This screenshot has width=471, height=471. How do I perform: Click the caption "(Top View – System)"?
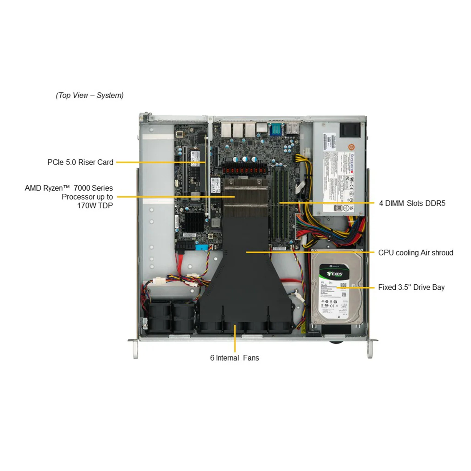89,95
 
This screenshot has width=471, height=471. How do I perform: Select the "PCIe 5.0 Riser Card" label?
80,162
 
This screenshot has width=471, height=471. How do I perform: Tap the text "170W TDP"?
95,205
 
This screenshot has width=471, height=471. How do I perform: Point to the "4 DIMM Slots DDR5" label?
412,203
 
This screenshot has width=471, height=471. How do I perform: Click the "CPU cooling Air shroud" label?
416,253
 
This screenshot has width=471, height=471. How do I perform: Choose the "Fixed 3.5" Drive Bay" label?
411,287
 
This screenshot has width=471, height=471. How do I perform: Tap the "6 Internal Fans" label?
235,358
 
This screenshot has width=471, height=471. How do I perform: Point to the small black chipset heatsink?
194,221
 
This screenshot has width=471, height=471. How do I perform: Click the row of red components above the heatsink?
244,170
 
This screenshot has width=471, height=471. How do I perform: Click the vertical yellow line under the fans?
235,339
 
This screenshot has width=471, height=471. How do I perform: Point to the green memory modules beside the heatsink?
280,206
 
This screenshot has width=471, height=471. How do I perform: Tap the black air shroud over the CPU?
246,274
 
